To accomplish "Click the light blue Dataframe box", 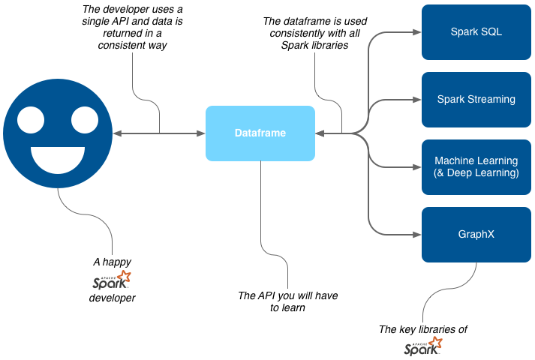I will click(260, 133).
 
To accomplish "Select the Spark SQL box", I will click(476, 32).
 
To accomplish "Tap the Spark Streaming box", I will click(476, 99).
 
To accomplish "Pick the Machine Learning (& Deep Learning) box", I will click(476, 166).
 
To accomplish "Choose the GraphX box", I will click(476, 234).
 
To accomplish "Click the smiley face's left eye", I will click(31, 118).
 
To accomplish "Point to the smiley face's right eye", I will click(85, 118).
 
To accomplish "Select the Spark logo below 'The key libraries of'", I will click(423, 346).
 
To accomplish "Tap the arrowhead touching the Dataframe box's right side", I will click(320, 133).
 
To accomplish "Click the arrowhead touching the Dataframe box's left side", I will click(201, 133).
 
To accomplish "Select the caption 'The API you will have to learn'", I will click(287, 301).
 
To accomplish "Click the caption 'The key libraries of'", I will click(423, 329).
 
